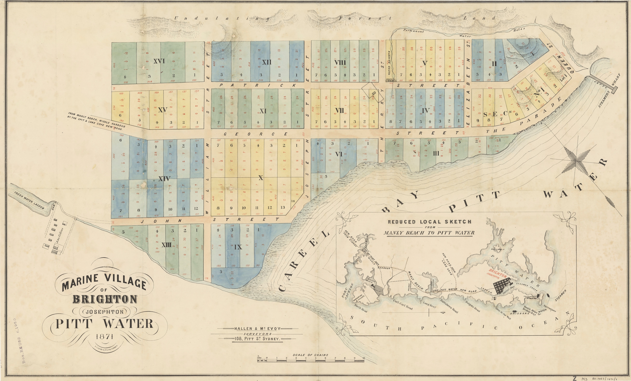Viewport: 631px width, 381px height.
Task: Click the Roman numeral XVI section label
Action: point(159,61)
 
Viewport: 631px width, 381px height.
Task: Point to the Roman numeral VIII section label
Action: point(340,62)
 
